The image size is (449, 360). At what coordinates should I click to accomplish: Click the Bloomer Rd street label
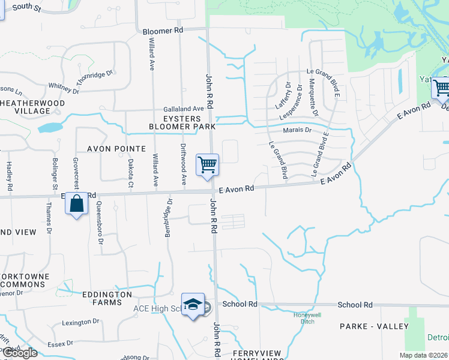(163, 30)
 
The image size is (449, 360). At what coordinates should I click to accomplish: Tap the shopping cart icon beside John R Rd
(207, 164)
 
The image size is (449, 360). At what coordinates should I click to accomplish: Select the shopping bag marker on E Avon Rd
(77, 204)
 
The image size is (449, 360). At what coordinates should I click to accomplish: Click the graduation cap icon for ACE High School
(193, 305)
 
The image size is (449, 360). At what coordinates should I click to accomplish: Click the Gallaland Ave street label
(184, 109)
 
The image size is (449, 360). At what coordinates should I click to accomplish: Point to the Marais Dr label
(298, 130)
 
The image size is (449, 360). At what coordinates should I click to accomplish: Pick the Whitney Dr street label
(64, 88)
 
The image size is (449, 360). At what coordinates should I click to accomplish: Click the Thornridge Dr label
(95, 78)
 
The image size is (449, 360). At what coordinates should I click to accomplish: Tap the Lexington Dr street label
(80, 323)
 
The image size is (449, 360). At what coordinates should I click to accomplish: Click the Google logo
(20, 353)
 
